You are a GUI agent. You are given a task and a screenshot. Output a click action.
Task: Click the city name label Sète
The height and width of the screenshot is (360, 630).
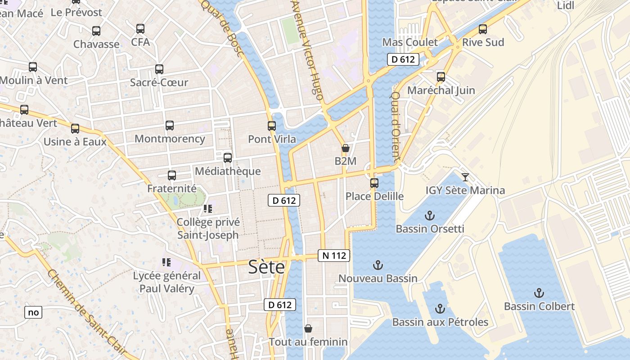(267, 267)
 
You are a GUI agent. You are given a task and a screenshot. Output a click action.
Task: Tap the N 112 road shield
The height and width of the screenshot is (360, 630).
(334, 256)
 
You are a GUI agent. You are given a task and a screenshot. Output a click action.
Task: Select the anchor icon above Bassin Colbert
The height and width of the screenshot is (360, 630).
(539, 293)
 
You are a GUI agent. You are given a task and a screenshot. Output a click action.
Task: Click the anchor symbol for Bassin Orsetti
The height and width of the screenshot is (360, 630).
(430, 216)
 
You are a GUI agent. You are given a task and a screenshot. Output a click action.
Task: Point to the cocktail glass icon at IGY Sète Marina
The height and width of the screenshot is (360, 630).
(465, 177)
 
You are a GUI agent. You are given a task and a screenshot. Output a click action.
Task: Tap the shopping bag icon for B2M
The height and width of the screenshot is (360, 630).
(346, 148)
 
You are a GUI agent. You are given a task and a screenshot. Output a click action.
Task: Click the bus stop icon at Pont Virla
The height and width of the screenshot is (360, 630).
(272, 126)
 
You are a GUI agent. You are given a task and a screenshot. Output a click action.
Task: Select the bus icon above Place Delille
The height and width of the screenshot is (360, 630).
(374, 183)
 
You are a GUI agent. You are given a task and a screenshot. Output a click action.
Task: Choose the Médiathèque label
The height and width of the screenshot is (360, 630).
(228, 171)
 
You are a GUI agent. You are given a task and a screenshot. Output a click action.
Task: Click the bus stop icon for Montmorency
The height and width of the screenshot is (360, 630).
(170, 126)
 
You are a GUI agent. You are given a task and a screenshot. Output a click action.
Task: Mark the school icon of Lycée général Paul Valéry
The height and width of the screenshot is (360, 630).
(166, 262)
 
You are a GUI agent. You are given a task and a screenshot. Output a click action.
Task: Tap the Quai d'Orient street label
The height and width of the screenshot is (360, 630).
(396, 127)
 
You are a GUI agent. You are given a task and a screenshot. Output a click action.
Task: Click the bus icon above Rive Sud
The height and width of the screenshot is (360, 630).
(483, 29)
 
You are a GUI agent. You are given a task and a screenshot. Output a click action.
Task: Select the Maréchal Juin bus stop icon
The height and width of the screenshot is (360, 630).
(441, 77)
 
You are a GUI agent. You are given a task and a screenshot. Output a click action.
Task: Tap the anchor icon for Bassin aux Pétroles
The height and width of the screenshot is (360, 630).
(440, 309)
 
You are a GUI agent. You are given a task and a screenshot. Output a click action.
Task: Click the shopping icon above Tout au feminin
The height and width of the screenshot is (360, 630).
(308, 328)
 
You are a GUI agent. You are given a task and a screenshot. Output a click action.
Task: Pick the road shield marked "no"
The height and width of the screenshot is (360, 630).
(33, 312)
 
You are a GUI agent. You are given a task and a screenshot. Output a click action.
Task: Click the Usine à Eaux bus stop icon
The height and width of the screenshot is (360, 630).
(75, 129)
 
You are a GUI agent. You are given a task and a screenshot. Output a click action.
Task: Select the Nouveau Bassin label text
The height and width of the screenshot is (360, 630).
(378, 279)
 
